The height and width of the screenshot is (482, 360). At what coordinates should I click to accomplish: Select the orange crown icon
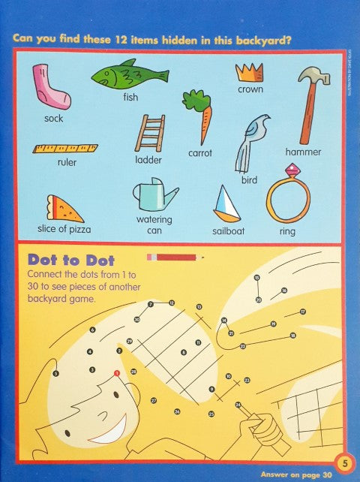[x=249, y=72]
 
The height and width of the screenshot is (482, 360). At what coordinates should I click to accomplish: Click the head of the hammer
[x=313, y=77]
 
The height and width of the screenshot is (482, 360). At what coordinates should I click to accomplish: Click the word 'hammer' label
[x=303, y=152]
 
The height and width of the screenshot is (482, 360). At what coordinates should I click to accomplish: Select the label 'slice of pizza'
[x=64, y=229]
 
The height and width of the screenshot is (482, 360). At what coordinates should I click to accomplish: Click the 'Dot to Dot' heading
[x=71, y=260]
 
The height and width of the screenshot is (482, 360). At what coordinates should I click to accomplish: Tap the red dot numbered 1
[x=116, y=372]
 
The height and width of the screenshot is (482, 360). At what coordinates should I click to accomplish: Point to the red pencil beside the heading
[x=174, y=258]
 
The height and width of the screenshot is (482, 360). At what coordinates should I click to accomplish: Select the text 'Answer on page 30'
[x=295, y=474]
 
